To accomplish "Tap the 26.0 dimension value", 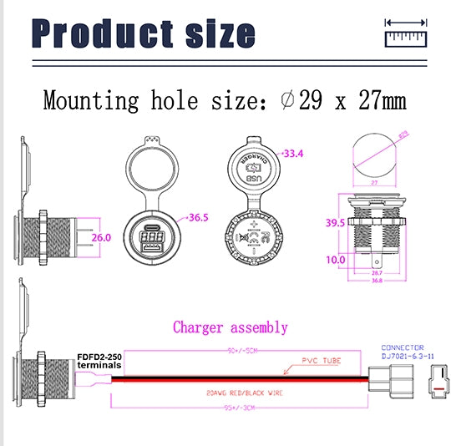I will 101,237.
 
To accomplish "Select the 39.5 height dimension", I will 333,222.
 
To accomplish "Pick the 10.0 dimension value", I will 333,260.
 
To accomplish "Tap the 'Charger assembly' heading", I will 230,327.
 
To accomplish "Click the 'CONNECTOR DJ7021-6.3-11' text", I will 403,352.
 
